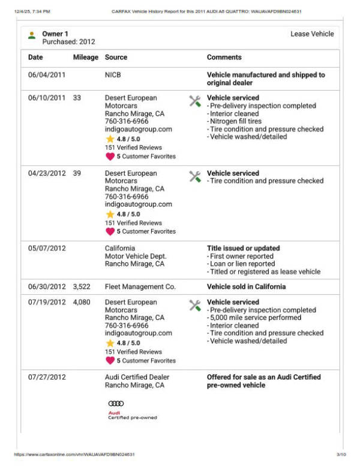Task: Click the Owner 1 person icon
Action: point(32,35)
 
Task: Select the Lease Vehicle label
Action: point(312,34)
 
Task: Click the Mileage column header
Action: point(85,58)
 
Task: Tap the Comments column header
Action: point(224,58)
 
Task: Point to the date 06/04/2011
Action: point(47,75)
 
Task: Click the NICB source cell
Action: point(114,75)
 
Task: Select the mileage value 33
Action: point(77,98)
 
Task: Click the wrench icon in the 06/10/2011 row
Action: point(195,101)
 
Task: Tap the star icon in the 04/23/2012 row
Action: point(110,214)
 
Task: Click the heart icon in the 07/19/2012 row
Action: point(110,361)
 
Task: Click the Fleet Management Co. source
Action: point(140,287)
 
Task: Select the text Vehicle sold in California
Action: point(246,287)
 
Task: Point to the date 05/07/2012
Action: point(47,249)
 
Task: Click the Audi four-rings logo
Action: point(116,404)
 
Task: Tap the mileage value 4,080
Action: point(82,303)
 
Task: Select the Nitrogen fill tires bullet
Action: point(238,121)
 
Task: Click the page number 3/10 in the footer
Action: point(341,455)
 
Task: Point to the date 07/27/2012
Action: point(47,378)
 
